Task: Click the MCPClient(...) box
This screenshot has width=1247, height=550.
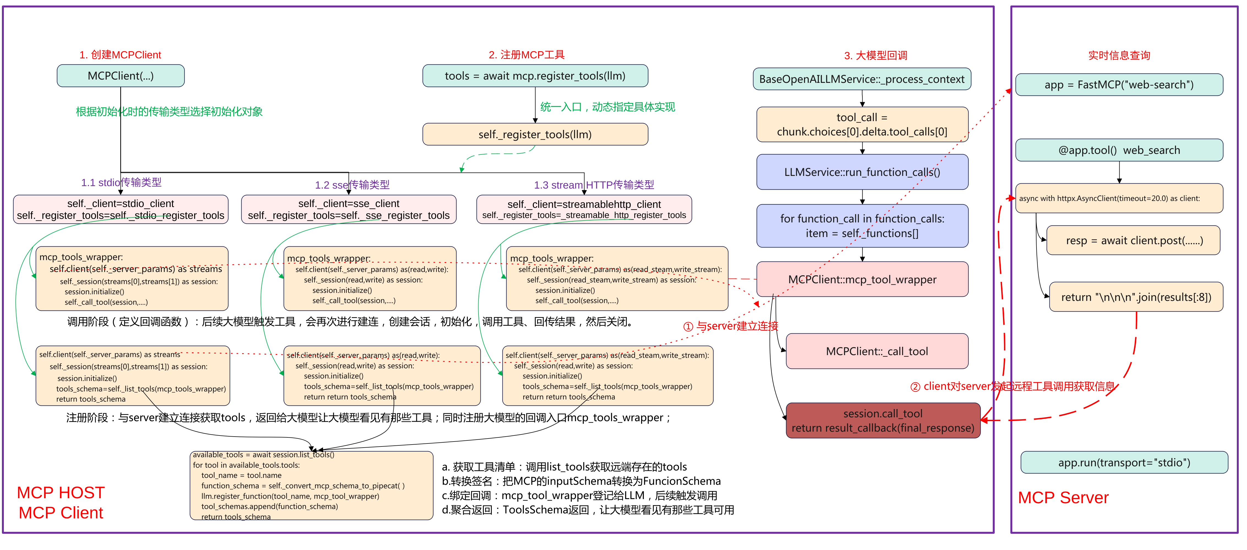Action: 121,76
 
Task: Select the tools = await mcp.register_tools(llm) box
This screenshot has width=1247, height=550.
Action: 535,76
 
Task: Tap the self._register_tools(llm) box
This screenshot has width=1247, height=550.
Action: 535,135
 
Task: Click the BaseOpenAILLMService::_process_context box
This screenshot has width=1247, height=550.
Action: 862,79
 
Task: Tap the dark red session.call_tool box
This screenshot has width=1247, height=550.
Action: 882,421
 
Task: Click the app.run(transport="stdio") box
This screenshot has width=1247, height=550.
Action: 1123,463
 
